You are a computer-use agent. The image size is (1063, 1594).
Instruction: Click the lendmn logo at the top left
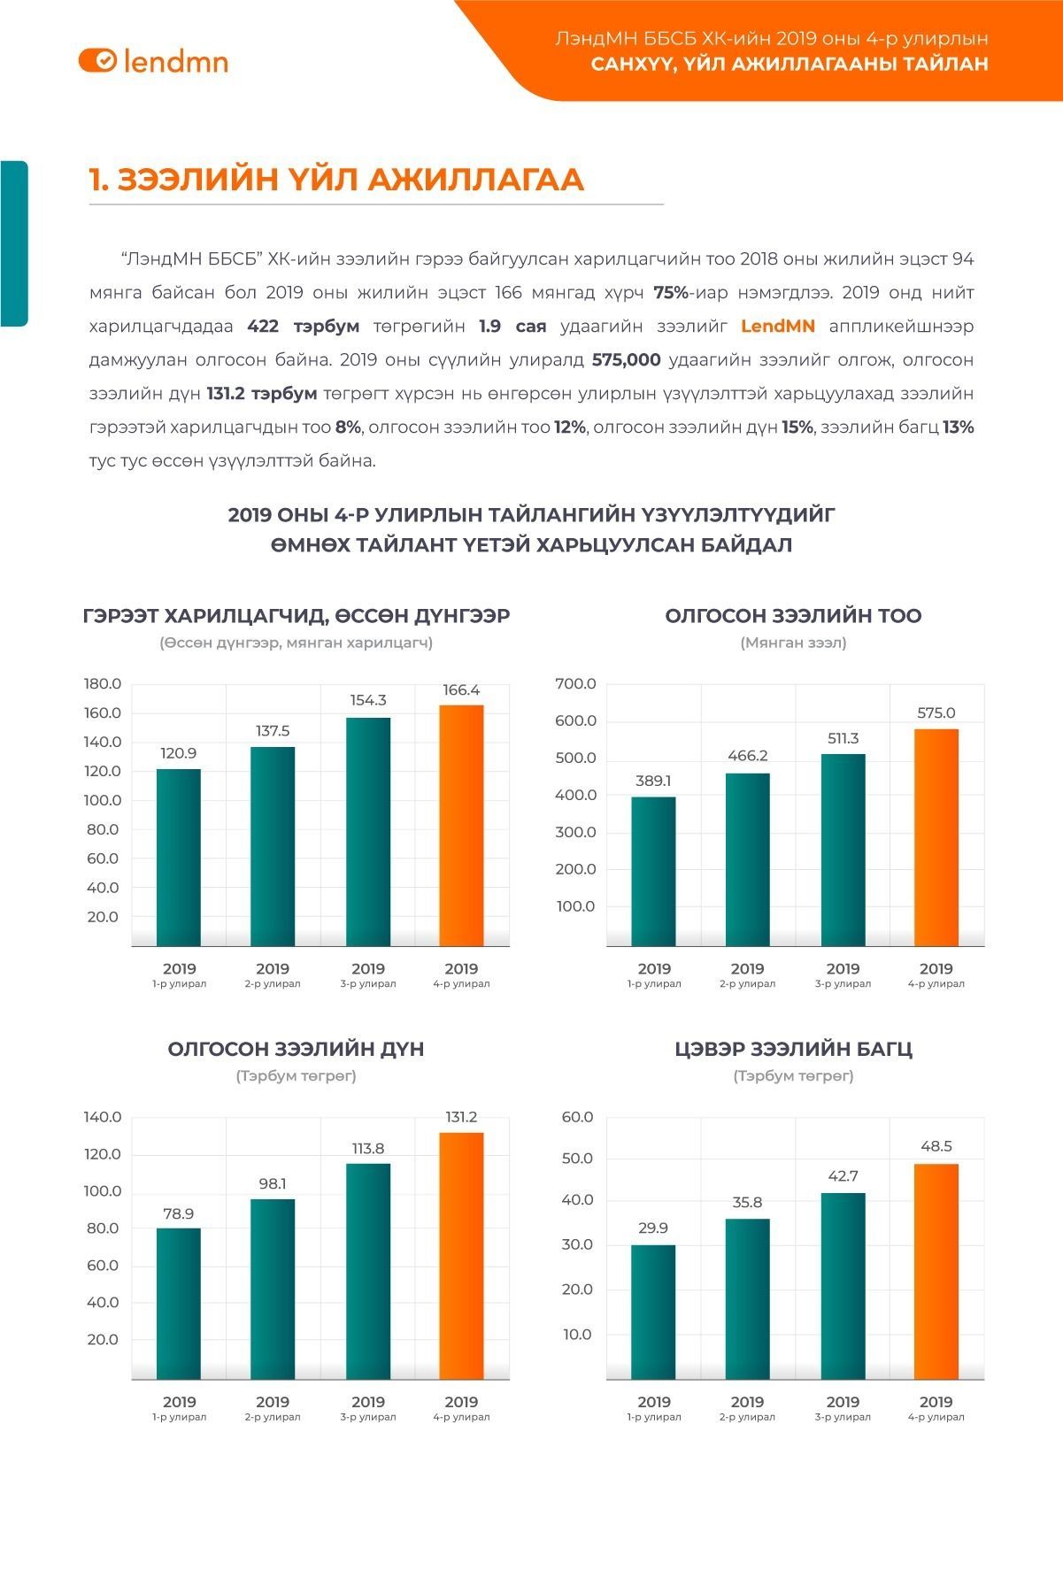pyautogui.click(x=153, y=60)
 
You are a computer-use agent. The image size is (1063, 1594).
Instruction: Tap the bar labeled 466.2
pyautogui.click(x=748, y=859)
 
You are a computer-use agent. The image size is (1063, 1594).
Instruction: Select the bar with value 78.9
pyautogui.click(x=179, y=1303)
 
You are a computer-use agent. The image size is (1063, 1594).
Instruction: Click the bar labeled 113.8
pyautogui.click(x=368, y=1271)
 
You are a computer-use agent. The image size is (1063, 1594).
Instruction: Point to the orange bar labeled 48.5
pyautogui.click(x=936, y=1271)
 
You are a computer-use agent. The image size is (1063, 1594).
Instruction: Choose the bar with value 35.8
pyautogui.click(x=748, y=1298)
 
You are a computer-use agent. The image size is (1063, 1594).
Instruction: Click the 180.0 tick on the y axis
pyautogui.click(x=103, y=684)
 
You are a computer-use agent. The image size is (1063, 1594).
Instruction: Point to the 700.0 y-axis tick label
pyautogui.click(x=575, y=684)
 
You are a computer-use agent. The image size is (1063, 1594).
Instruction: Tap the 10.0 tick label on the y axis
pyautogui.click(x=577, y=1335)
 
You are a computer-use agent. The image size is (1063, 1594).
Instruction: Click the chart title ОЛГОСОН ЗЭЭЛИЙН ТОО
pyautogui.click(x=793, y=616)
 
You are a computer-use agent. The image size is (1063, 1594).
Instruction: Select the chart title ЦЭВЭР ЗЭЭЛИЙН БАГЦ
pyautogui.click(x=793, y=1050)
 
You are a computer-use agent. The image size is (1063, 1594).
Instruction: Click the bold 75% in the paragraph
pyautogui.click(x=671, y=293)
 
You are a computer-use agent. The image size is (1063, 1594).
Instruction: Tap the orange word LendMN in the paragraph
pyautogui.click(x=777, y=327)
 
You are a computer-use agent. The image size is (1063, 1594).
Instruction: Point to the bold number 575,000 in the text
pyautogui.click(x=626, y=360)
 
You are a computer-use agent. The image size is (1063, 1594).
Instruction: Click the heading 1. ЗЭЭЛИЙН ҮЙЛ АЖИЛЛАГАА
pyautogui.click(x=336, y=180)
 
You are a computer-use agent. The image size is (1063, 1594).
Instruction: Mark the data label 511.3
pyautogui.click(x=843, y=738)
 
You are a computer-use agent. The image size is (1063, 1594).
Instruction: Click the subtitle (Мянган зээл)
pyautogui.click(x=793, y=643)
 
